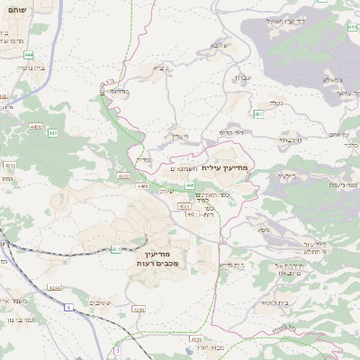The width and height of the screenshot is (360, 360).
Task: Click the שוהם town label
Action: (17, 9)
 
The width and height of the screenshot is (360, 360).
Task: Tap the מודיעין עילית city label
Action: (223, 167)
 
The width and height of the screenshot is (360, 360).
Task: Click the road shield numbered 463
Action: (258, 113)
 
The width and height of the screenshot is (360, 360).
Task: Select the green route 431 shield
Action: (116, 249)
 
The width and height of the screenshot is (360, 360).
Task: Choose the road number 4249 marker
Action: (138, 309)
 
